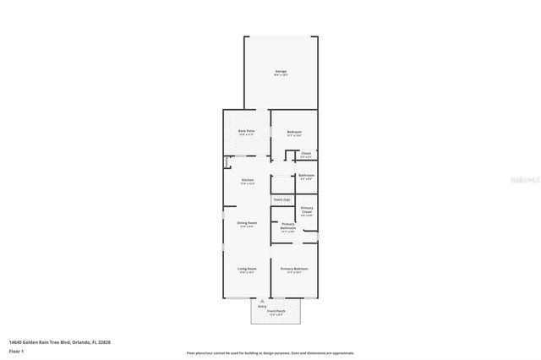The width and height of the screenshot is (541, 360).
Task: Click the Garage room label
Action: [x=281, y=72]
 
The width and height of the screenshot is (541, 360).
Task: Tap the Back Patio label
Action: [x=246, y=132]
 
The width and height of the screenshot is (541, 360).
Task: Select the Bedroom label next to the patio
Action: [x=294, y=132]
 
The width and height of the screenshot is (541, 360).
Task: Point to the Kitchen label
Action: [x=248, y=180]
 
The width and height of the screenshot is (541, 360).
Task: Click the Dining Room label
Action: [x=247, y=223]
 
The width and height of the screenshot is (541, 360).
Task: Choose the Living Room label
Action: [x=247, y=269]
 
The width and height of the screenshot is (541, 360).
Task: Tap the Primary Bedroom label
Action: [x=294, y=269]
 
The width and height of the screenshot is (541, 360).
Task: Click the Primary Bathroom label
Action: [x=287, y=227]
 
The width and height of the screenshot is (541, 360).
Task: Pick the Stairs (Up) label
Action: [x=281, y=199]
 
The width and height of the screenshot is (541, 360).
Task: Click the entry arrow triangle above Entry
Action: [x=263, y=300]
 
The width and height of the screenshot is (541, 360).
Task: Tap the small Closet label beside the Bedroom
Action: [x=306, y=154]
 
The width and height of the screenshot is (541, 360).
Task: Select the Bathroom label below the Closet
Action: [x=306, y=176]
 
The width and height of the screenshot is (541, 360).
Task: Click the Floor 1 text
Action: [x=16, y=350]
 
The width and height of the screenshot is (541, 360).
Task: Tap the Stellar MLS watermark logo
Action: [x=525, y=179]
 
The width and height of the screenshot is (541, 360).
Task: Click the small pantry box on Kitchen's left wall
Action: [x=227, y=162]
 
